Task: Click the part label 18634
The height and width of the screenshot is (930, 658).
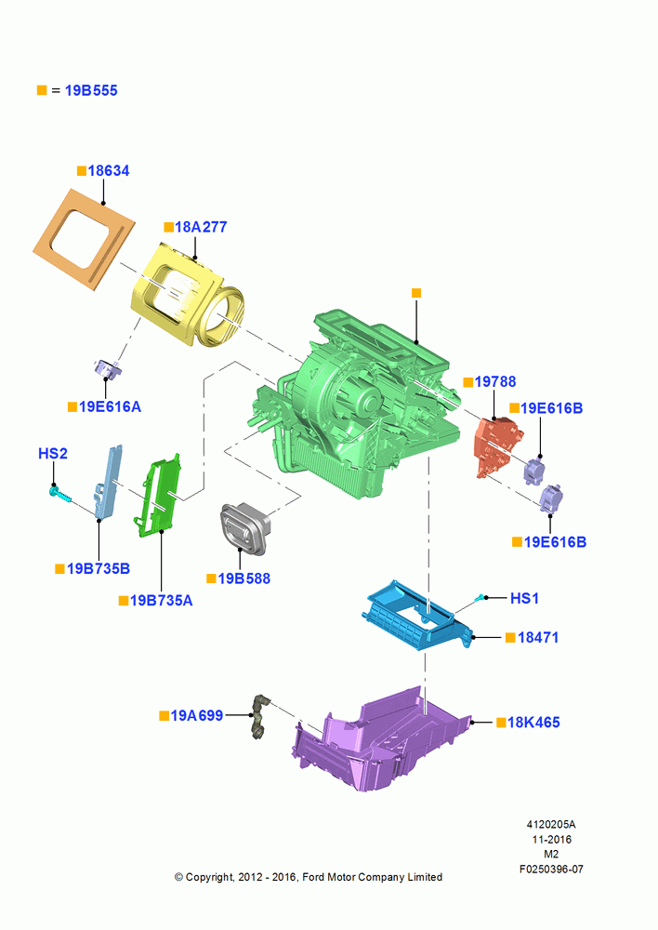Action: tap(109, 171)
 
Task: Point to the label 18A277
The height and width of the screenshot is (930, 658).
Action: tap(201, 227)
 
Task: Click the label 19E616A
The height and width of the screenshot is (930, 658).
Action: tap(111, 407)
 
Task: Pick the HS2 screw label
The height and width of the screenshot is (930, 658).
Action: tap(53, 454)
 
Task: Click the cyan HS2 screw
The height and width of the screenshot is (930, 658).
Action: tap(60, 495)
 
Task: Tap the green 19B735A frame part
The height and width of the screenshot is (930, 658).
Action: tap(156, 496)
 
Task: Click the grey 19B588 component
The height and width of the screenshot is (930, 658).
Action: tap(244, 529)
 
